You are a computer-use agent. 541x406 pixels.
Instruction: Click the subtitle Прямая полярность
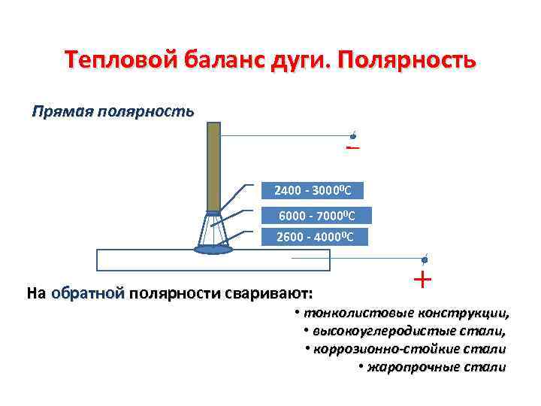[x=113, y=111]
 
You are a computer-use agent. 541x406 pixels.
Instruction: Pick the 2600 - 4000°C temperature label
[x=318, y=238]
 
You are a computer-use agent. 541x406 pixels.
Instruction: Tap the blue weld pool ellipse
[x=213, y=248]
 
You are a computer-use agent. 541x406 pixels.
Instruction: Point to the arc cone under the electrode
[x=213, y=230]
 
